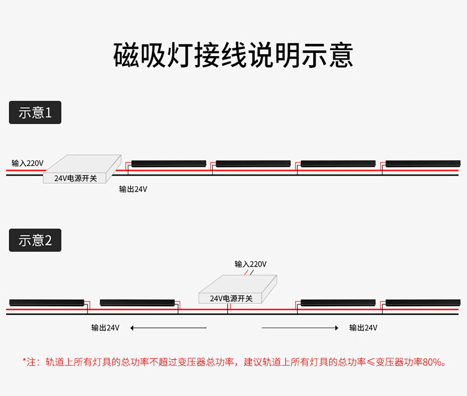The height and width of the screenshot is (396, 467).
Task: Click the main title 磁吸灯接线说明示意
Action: [x=233, y=56]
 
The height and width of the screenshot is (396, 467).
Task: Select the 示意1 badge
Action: [x=35, y=112]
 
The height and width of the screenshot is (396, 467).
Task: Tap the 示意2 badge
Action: [x=35, y=241]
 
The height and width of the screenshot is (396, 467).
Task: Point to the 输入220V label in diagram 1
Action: [x=27, y=163]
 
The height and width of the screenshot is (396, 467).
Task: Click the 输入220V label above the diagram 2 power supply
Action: [x=251, y=264]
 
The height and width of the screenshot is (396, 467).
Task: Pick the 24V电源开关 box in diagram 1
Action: [x=82, y=169]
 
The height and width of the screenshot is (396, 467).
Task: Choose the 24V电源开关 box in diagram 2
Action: [x=238, y=289]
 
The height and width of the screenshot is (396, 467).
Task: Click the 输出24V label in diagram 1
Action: [x=133, y=189]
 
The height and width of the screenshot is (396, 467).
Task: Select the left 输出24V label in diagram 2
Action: [x=105, y=328]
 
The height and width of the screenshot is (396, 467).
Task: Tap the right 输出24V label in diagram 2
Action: [x=363, y=328]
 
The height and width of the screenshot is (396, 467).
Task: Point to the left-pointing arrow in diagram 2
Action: [x=168, y=328]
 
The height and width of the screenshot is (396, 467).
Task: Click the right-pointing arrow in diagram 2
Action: [x=300, y=328]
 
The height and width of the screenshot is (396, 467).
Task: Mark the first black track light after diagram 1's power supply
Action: [x=169, y=164]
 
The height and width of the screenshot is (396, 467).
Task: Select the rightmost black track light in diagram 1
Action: [x=423, y=164]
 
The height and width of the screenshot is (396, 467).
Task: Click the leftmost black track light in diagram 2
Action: [x=47, y=303]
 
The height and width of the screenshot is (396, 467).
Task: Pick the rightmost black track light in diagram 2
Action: [x=423, y=303]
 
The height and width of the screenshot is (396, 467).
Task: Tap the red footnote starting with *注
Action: [x=235, y=362]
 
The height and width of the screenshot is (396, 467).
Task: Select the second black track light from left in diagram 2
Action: [x=137, y=303]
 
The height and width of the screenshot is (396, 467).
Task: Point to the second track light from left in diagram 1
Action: [x=254, y=164]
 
